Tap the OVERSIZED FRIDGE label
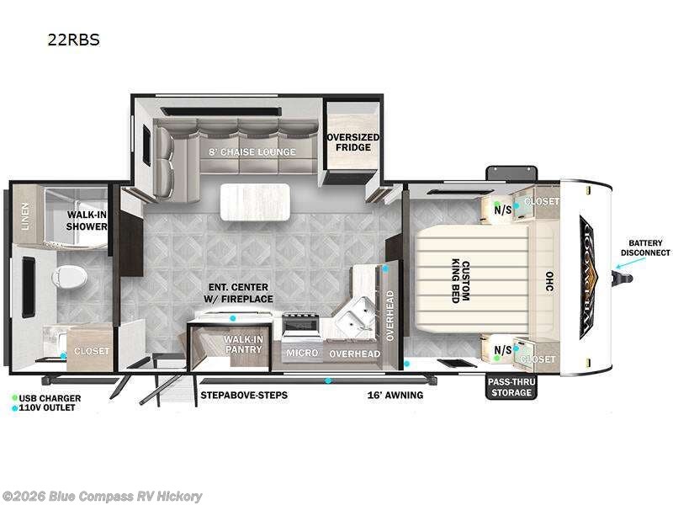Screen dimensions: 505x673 (352, 142)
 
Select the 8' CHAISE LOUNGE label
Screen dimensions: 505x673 (252, 151)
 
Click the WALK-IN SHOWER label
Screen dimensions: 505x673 (87, 221)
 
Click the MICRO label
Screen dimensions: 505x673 (301, 353)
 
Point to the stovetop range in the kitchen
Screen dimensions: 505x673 (301, 324)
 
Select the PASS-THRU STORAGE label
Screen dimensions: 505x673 (511, 387)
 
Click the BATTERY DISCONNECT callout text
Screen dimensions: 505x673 (645, 247)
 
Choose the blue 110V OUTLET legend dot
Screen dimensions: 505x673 (15, 408)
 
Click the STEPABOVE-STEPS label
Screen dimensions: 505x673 (243, 395)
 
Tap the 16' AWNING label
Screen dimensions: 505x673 (395, 395)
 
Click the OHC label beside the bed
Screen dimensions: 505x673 (548, 278)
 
